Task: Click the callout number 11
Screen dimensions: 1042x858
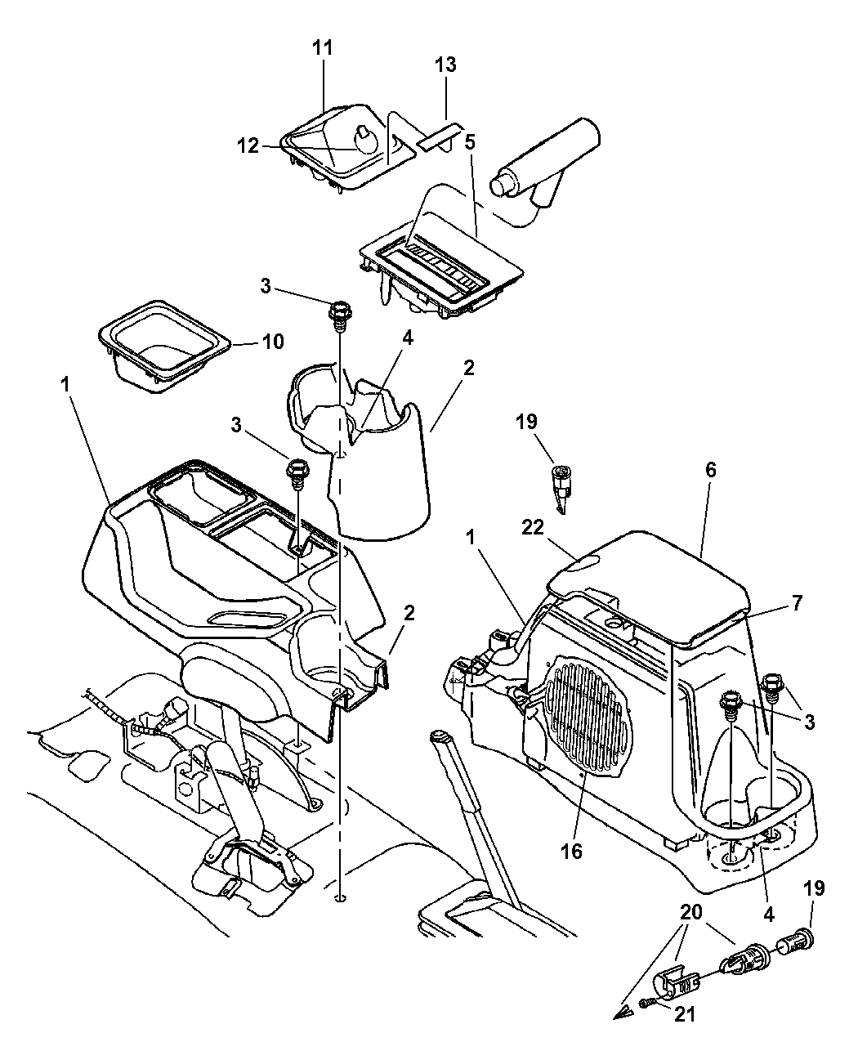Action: [323, 47]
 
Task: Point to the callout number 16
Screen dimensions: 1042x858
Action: [571, 851]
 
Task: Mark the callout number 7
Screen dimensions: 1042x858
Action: [796, 604]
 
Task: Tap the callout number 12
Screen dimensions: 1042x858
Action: [248, 146]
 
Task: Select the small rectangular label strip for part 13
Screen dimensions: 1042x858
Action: [440, 136]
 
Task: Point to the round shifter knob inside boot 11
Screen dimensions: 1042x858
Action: [365, 142]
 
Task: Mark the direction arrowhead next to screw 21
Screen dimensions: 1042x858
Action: [623, 1013]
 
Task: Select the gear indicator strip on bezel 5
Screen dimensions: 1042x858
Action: [441, 271]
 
